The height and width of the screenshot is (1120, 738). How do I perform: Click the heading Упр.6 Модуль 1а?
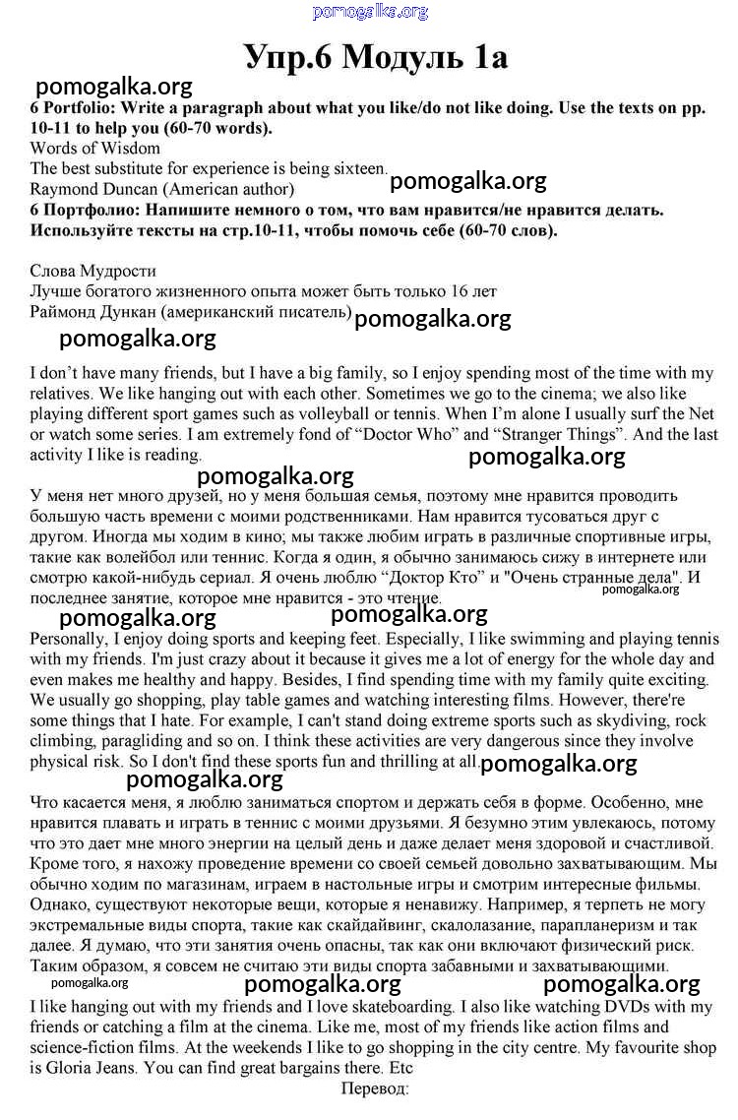(376, 57)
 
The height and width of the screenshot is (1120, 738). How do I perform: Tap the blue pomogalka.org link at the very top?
(370, 12)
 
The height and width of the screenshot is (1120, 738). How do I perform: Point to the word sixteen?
(353, 168)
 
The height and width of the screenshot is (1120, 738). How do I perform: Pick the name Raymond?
(63, 188)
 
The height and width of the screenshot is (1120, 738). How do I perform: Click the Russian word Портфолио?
(92, 210)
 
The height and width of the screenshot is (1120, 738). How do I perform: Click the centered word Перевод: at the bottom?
(375, 1089)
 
